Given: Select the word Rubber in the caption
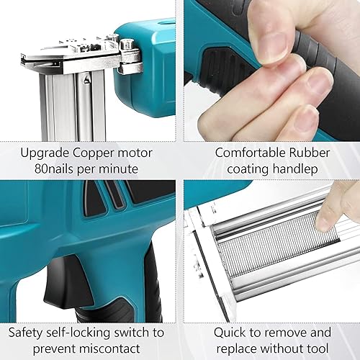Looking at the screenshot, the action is [x=310, y=153].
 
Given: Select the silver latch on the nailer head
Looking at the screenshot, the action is [x=130, y=57].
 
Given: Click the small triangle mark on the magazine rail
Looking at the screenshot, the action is [x=86, y=78].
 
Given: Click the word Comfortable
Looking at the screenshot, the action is [x=251, y=153].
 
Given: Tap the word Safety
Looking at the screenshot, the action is [x=25, y=333].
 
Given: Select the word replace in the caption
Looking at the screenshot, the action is [x=239, y=349].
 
